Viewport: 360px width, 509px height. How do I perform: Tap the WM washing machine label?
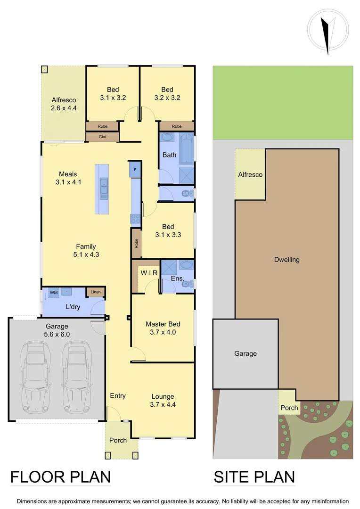pyautogui.click(x=54, y=293)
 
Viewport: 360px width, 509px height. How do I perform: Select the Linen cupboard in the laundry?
pyautogui.click(x=96, y=292)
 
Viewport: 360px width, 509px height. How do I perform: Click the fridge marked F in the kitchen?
pyautogui.click(x=135, y=169)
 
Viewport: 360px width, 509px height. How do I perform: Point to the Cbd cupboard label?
pyautogui.click(x=102, y=137)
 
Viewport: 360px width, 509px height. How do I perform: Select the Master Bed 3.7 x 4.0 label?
pyautogui.click(x=163, y=328)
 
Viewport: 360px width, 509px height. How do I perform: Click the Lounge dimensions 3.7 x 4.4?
pyautogui.click(x=163, y=404)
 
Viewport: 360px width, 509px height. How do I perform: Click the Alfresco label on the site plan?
pyautogui.click(x=250, y=174)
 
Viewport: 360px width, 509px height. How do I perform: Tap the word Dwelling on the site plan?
pyautogui.click(x=286, y=260)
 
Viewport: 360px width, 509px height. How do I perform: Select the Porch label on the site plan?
pyautogui.click(x=289, y=408)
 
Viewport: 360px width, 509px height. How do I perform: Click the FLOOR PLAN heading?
pyautogui.click(x=60, y=477)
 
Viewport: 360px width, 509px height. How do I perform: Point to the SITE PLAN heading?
pyautogui.click(x=254, y=477)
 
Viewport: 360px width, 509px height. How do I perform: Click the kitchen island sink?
pyautogui.click(x=102, y=189)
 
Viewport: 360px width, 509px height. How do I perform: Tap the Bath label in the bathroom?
pyautogui.click(x=169, y=155)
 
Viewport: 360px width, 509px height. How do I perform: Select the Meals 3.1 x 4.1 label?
pyautogui.click(x=68, y=178)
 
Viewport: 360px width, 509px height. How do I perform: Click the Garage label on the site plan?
pyautogui.click(x=245, y=353)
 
